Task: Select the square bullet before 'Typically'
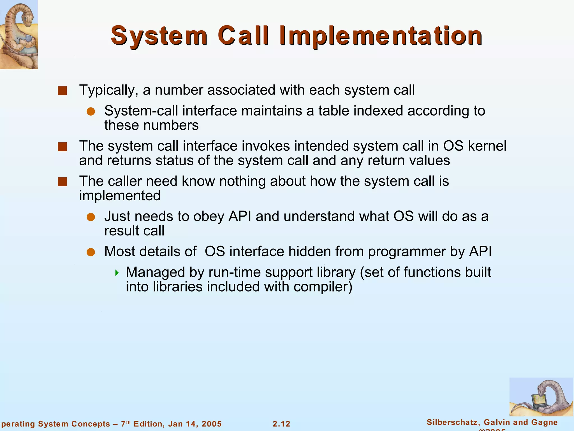62,91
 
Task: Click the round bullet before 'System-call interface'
91,112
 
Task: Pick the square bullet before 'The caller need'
62,182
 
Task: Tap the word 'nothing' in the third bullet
242,181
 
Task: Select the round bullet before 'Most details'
91,252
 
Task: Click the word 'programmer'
407,252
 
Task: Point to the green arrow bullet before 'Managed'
117,273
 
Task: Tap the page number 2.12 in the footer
281,424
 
